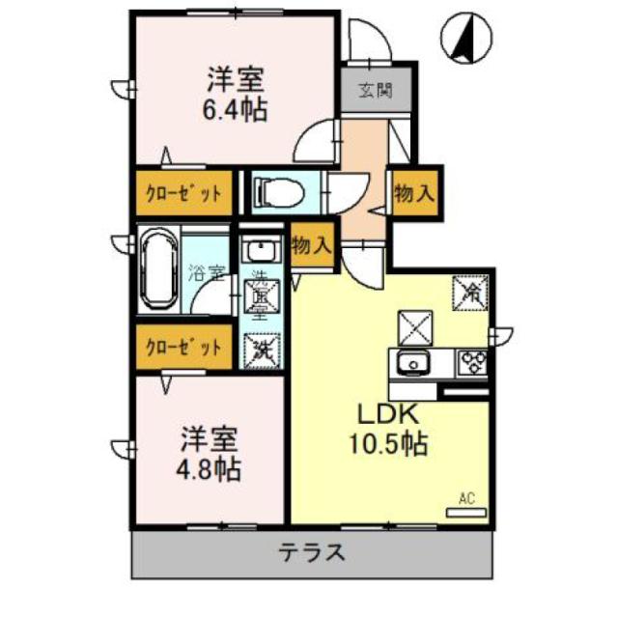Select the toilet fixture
pyautogui.click(x=275, y=191)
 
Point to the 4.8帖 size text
pyautogui.click(x=208, y=469)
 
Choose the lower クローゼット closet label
pyautogui.click(x=183, y=346)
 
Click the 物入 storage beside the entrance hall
pyautogui.click(x=412, y=193)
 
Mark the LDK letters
pyautogui.click(x=388, y=413)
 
